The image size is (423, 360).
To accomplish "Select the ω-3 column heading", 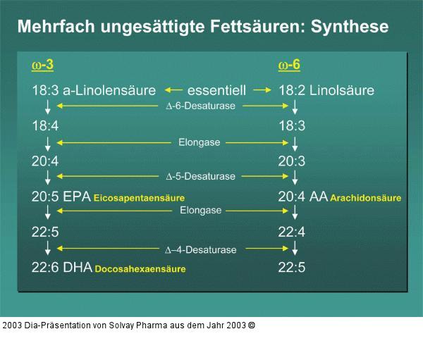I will pyautogui.click(x=43, y=66).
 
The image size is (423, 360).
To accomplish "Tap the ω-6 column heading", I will pyautogui.click(x=289, y=66).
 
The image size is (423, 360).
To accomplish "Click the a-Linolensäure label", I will pyautogui.click(x=110, y=91).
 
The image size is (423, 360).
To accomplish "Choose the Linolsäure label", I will pyautogui.click(x=342, y=91).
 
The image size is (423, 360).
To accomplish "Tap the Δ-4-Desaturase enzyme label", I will pyautogui.click(x=200, y=249).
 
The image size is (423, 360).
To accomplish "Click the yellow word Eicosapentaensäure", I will pyautogui.click(x=144, y=199).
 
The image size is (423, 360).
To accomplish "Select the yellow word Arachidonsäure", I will pyautogui.click(x=366, y=199).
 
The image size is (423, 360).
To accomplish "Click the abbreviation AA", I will pyautogui.click(x=319, y=197).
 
